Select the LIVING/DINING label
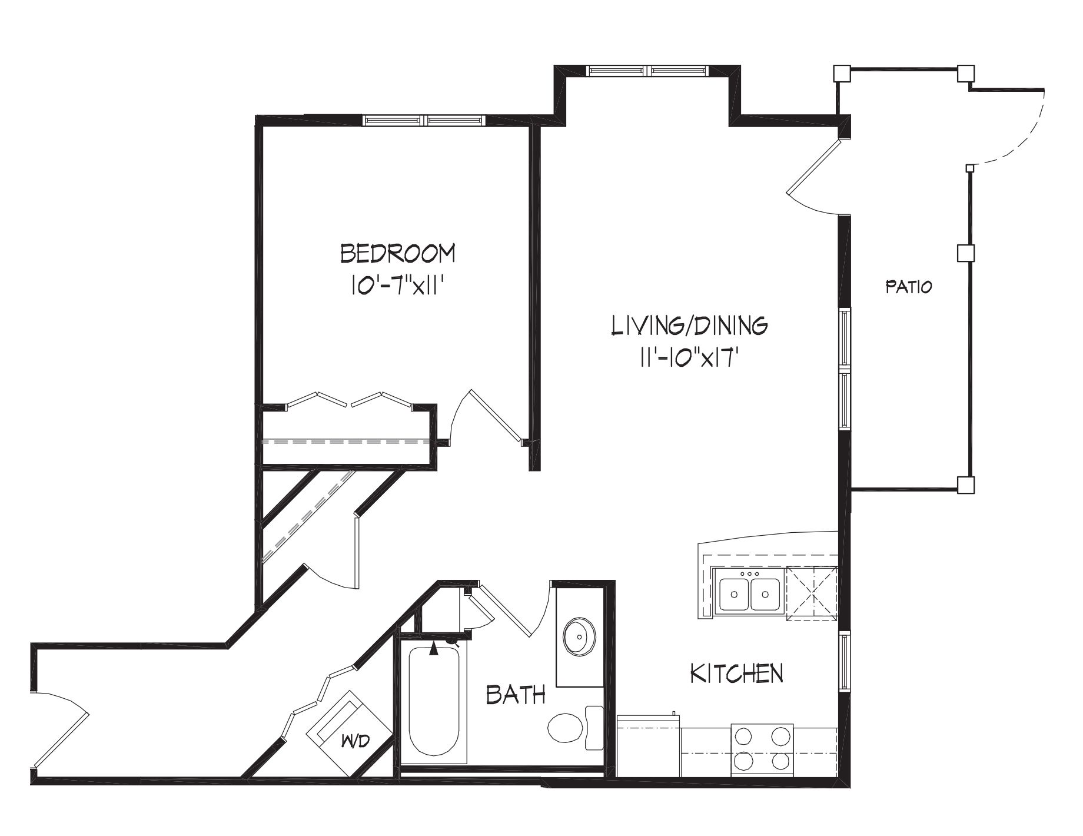(689, 325)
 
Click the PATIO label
(909, 287)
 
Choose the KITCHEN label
(736, 673)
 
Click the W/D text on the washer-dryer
(355, 742)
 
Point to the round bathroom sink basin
(580, 636)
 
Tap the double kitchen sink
(749, 594)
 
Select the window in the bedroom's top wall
(424, 120)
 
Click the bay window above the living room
(647, 71)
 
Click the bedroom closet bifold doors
(348, 399)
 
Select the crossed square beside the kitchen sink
(812, 593)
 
